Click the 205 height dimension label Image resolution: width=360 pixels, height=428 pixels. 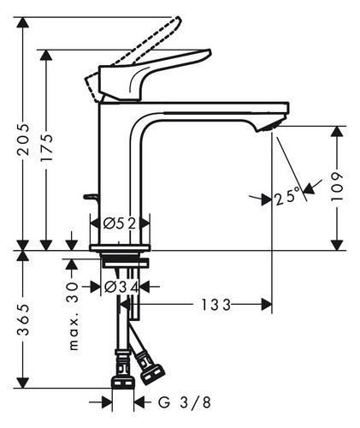pos(23,140)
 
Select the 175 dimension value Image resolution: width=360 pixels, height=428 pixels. pos(46,147)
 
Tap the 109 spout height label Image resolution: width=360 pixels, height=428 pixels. pos(337,187)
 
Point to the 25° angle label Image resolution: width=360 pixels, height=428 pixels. pos(288,196)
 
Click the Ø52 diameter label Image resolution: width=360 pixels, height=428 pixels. pos(120,223)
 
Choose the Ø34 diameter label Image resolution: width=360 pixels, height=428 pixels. pos(121,287)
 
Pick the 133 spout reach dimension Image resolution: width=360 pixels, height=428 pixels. pos(215,305)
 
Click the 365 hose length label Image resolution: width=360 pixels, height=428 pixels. pos(23,319)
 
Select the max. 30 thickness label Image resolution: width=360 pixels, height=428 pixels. pos(74,316)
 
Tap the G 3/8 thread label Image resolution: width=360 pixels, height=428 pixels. pos(185,402)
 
